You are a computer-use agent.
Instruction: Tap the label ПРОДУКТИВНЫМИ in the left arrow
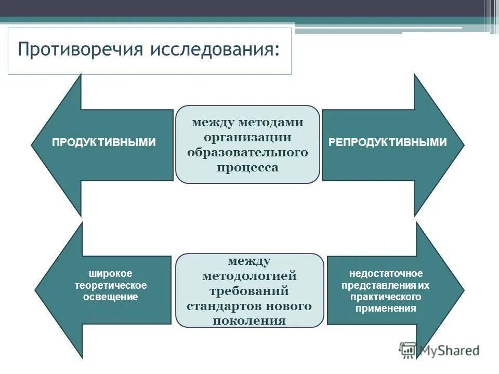click(104, 142)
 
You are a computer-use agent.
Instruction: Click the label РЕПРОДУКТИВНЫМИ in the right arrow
click(388, 142)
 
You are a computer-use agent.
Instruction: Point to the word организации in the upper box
click(247, 138)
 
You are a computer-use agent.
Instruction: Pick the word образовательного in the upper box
click(247, 153)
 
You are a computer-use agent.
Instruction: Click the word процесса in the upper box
click(247, 168)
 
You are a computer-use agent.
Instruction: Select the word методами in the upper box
click(271, 123)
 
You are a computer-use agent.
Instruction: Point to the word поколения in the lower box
click(249, 320)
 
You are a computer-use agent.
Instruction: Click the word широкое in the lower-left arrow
click(110, 273)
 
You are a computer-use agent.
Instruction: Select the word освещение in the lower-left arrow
click(110, 297)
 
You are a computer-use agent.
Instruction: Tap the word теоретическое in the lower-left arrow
click(110, 285)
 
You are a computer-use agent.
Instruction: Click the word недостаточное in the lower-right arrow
click(386, 273)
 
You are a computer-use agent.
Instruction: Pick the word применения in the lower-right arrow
click(386, 309)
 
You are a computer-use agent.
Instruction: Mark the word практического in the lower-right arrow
click(386, 297)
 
